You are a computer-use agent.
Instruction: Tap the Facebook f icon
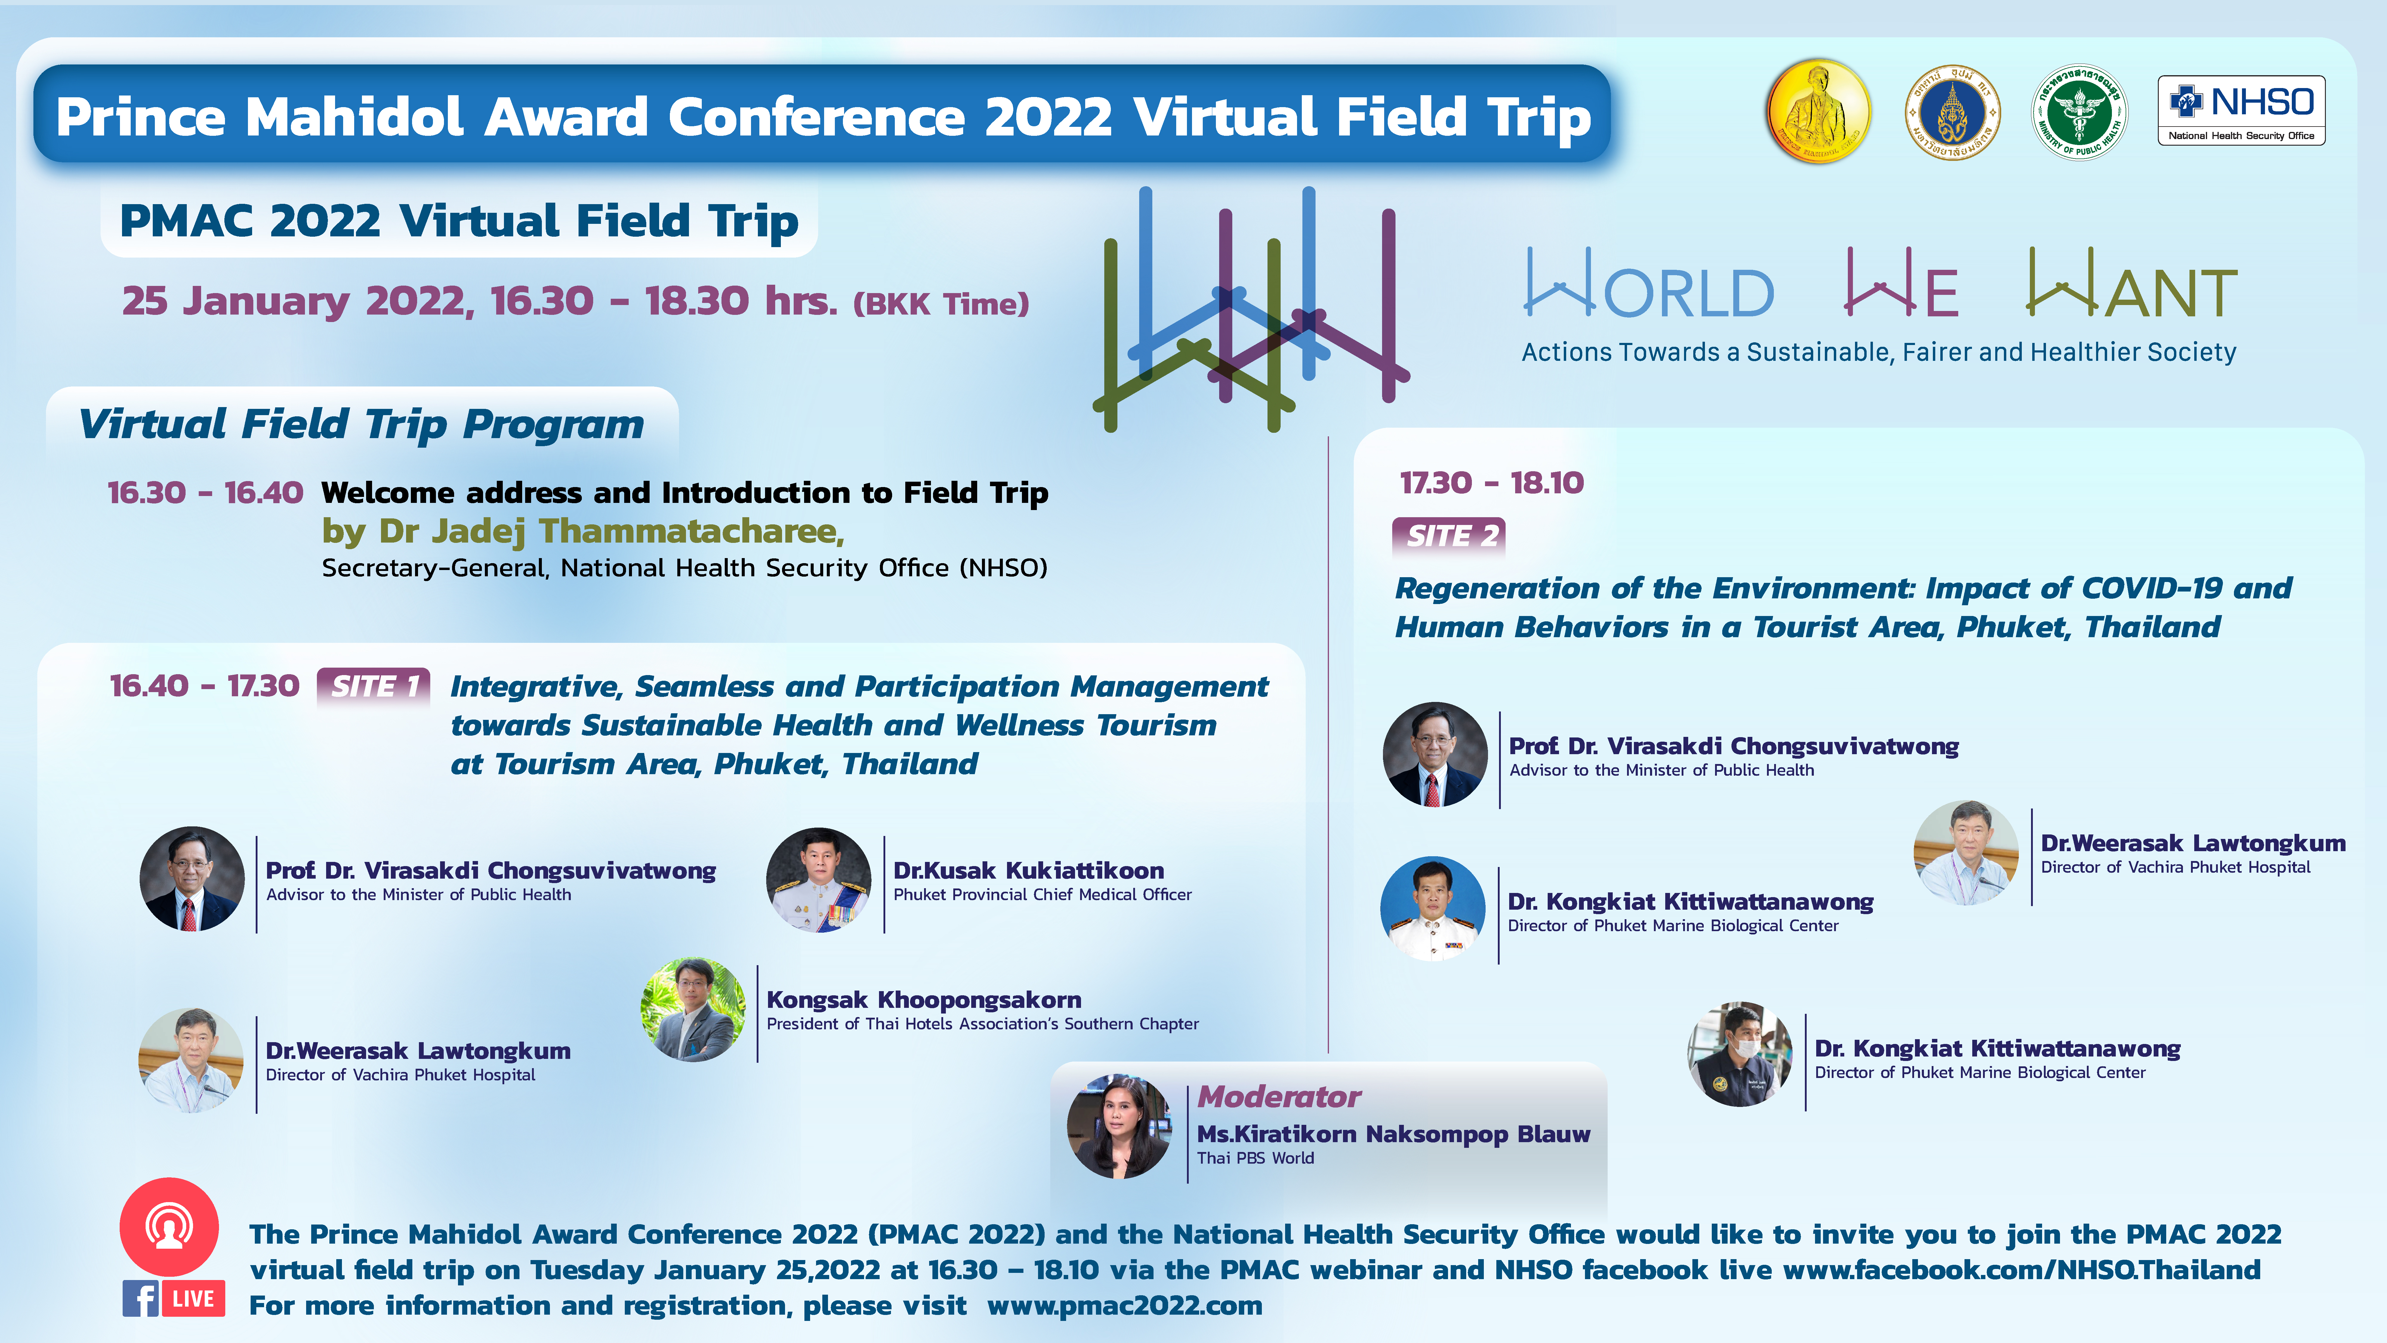[140, 1299]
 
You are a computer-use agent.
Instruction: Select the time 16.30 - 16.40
[205, 492]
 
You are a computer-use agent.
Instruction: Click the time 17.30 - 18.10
[1491, 483]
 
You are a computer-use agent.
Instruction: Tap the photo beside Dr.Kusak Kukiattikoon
[818, 880]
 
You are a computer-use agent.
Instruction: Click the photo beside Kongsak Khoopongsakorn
[693, 1009]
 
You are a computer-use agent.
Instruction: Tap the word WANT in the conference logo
[2132, 283]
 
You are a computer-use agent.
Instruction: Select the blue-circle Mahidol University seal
[1952, 112]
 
